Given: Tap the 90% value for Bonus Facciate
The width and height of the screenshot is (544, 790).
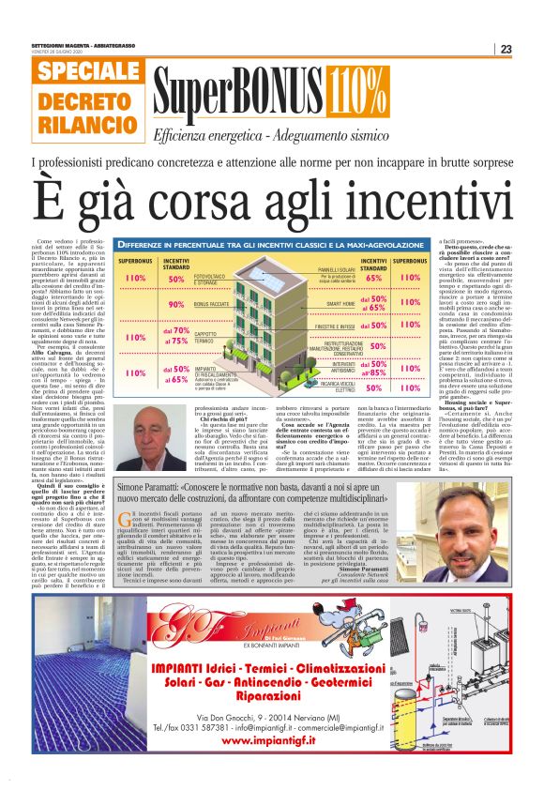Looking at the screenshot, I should point(176,305).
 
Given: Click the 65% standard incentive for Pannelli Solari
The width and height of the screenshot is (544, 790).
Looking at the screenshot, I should point(373,278).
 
